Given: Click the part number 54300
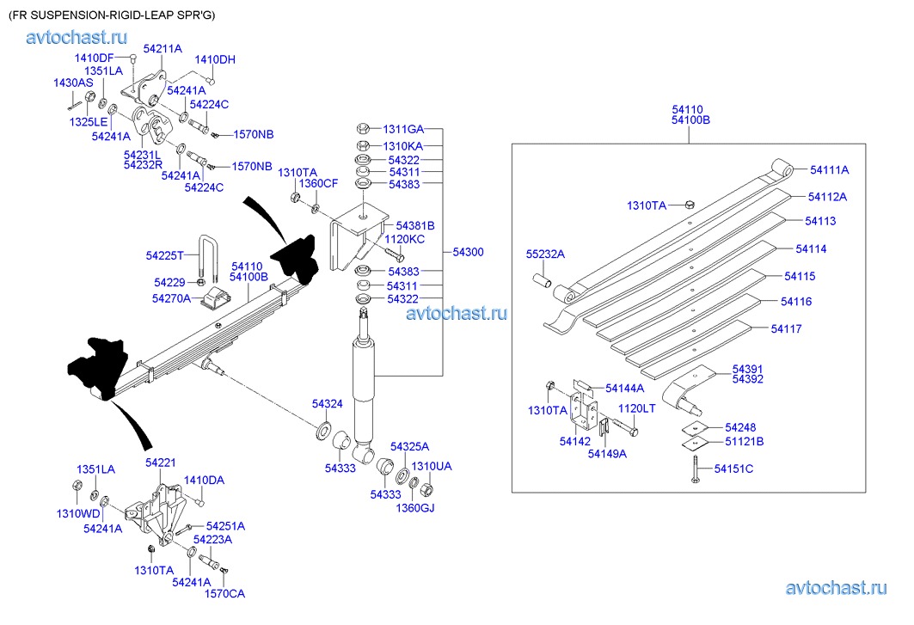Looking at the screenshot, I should [x=469, y=252].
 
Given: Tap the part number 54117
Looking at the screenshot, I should [x=786, y=328].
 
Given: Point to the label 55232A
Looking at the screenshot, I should [x=545, y=254].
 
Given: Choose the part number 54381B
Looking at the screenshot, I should [x=416, y=225].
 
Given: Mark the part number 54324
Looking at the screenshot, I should [x=327, y=403].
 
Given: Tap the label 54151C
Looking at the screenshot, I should [x=733, y=469].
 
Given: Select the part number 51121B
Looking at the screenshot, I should [x=744, y=442].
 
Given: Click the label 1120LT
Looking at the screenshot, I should [x=637, y=408].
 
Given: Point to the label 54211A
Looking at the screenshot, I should [x=163, y=49].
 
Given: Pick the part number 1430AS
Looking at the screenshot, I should [x=73, y=83].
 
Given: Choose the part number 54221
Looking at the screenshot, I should [x=160, y=463].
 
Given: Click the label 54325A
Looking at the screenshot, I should [x=409, y=446].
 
